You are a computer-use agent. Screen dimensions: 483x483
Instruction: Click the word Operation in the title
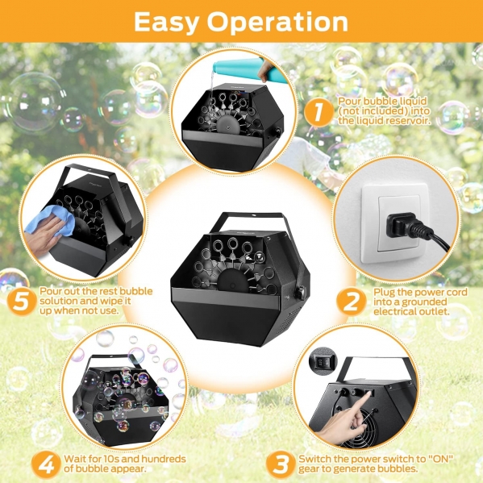point(277,23)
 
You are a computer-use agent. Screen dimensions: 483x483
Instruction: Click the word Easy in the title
point(166,22)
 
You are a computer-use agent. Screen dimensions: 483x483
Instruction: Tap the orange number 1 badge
point(319,111)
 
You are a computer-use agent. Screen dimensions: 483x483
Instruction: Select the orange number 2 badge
point(351,301)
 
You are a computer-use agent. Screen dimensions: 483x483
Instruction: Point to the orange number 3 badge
point(281,464)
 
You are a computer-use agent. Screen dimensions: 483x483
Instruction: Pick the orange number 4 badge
point(46,465)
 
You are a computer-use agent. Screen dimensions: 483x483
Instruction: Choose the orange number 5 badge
point(22,301)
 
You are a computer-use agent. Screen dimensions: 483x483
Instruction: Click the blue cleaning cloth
point(49,221)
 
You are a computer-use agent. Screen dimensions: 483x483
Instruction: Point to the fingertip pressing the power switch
point(368,395)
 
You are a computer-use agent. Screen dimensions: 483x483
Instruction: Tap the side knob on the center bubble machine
point(300,291)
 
